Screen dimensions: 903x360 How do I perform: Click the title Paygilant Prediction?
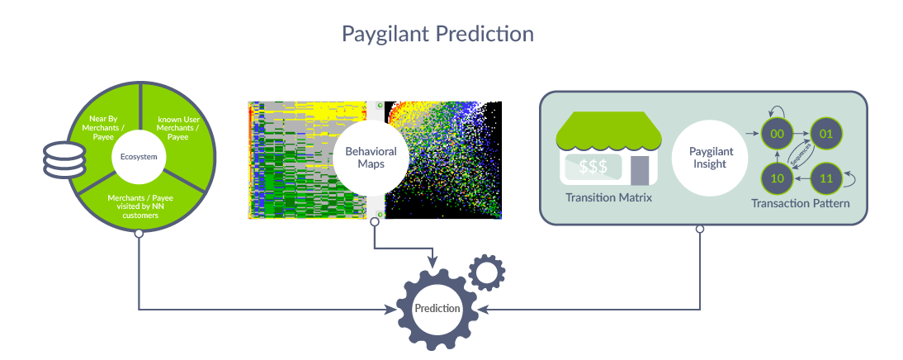click(x=437, y=33)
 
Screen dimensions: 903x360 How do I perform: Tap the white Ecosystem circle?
click(x=138, y=157)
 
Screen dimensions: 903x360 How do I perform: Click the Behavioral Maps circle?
click(x=371, y=157)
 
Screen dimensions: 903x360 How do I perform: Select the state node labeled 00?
click(x=777, y=134)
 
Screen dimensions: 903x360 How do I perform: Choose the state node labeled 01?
click(x=826, y=134)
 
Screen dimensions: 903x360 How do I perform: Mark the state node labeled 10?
click(x=777, y=178)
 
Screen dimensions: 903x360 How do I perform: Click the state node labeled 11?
click(x=826, y=178)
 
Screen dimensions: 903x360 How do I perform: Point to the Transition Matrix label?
click(x=608, y=197)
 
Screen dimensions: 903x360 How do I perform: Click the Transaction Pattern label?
click(x=801, y=203)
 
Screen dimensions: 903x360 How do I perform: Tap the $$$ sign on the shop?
click(x=593, y=167)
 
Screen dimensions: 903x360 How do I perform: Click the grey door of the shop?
click(x=640, y=169)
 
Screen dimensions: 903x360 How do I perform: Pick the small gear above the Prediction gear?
click(x=487, y=272)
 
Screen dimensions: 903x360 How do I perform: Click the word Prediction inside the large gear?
click(x=437, y=308)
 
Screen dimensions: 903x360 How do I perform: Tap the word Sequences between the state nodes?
click(x=801, y=156)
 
